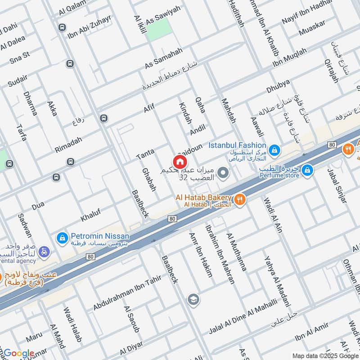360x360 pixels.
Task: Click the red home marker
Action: tap(179, 162)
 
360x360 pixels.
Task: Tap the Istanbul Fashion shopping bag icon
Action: tap(274, 148)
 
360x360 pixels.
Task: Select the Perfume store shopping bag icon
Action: tap(307, 170)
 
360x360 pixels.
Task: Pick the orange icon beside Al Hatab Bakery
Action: tap(240, 199)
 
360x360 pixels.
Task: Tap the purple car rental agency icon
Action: tap(44, 252)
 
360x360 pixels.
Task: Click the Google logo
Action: tap(19, 353)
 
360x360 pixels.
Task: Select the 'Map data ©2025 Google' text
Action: tap(325, 355)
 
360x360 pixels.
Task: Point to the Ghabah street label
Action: tap(148, 180)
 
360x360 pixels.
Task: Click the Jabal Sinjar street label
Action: tap(337, 186)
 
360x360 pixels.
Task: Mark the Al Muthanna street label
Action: tap(237, 252)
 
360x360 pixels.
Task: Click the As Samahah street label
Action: tap(164, 58)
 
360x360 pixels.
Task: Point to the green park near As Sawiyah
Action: tap(160, 30)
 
